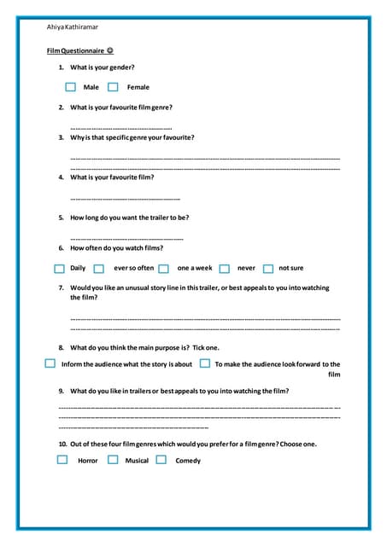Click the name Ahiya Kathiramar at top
click(73, 28)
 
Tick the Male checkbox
click(70, 86)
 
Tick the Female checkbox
click(113, 86)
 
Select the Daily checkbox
click(59, 268)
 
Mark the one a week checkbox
click(163, 268)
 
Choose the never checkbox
click(224, 268)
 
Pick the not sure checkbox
click(268, 268)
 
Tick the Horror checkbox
click(62, 460)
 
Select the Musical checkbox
click(113, 460)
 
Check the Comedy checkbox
click(161, 460)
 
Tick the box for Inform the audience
click(50, 363)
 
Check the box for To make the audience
click(204, 363)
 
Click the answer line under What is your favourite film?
click(124, 199)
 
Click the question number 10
click(62, 444)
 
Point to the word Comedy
click(188, 461)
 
